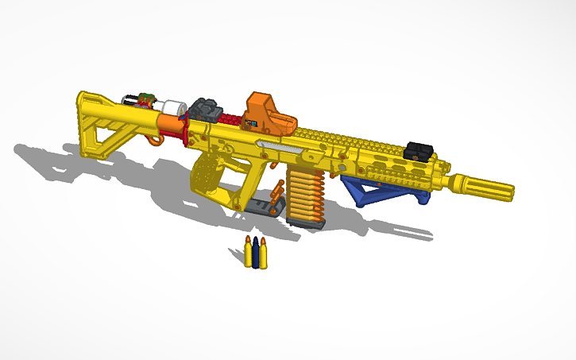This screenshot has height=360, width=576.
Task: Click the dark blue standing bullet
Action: pyautogui.click(x=255, y=254)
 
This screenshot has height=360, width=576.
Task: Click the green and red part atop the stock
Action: pyautogui.click(x=145, y=99)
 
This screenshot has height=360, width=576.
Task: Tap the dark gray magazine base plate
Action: pyautogui.click(x=307, y=223)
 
